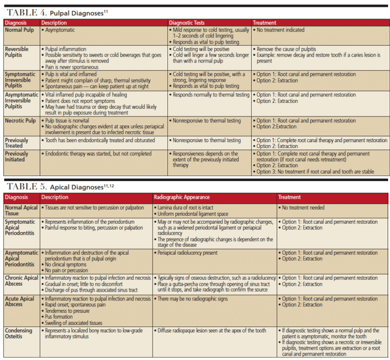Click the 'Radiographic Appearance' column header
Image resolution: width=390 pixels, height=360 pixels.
pos(182,197)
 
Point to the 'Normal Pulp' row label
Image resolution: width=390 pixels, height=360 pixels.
pos(20,30)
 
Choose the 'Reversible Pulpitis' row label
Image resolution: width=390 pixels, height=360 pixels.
pos(17,52)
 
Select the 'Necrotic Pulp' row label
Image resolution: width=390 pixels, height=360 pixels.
pos(21,120)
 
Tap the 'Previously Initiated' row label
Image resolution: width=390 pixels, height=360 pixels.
pos(17,156)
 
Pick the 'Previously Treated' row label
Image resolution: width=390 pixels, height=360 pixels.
pos(17,143)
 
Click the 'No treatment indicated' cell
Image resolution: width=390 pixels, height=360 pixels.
pos(281,30)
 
